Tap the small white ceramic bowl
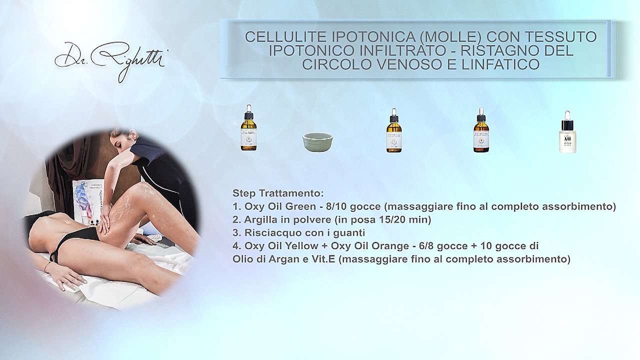(317, 141)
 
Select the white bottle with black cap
(567, 132)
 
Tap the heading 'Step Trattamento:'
(278, 193)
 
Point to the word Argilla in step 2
(260, 219)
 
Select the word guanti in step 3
(351, 232)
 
